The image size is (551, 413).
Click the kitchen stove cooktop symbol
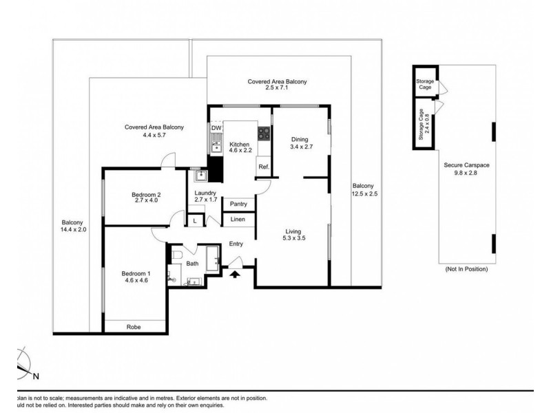(263, 132)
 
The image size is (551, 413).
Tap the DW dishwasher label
(216, 128)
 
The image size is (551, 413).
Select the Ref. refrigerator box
(263, 167)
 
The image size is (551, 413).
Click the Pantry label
(239, 204)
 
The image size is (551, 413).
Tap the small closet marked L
(195, 220)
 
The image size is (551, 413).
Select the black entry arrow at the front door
(235, 273)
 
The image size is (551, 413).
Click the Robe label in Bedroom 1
(134, 327)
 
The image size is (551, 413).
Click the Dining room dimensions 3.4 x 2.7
(302, 147)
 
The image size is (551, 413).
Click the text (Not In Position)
(466, 269)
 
